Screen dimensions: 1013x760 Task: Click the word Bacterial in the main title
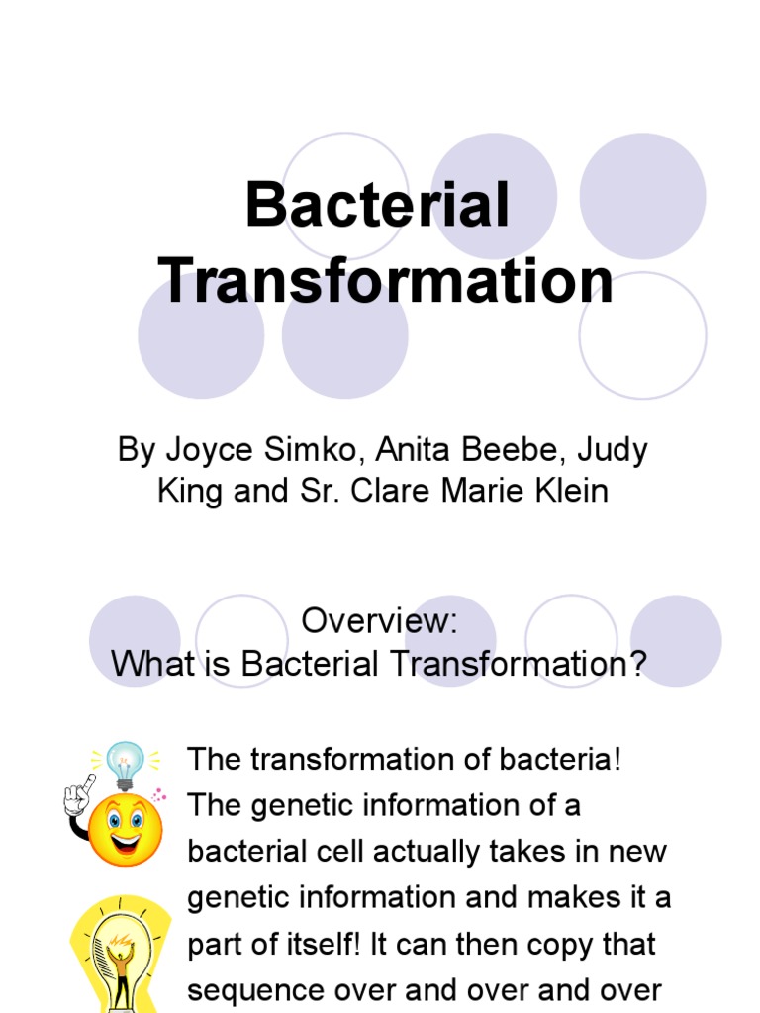(x=378, y=205)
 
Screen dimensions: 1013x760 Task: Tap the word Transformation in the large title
(x=388, y=281)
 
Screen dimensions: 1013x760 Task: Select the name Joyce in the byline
(x=202, y=450)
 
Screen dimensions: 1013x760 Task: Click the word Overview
(x=379, y=621)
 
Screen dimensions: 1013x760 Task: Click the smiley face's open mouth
(x=126, y=844)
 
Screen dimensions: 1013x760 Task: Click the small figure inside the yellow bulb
(x=121, y=965)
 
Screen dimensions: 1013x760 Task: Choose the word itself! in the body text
(x=314, y=945)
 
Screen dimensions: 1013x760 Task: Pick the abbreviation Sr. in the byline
(x=320, y=491)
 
